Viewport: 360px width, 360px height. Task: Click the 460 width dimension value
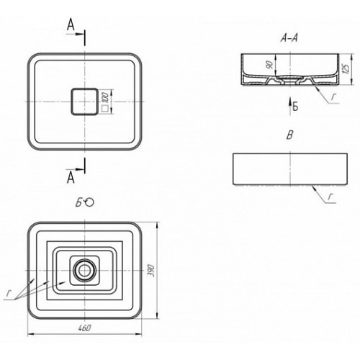pyautogui.click(x=85, y=328)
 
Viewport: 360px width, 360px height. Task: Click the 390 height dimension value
pyautogui.click(x=150, y=271)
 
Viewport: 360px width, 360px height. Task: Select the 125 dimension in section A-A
pyautogui.click(x=346, y=69)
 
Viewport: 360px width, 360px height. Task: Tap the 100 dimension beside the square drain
pyautogui.click(x=106, y=98)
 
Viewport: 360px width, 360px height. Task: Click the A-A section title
pyautogui.click(x=289, y=38)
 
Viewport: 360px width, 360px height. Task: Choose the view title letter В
pyautogui.click(x=290, y=135)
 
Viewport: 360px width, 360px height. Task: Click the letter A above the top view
pyautogui.click(x=71, y=25)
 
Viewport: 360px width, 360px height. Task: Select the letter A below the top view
pyautogui.click(x=71, y=178)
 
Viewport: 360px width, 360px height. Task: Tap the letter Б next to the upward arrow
pyautogui.click(x=295, y=106)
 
